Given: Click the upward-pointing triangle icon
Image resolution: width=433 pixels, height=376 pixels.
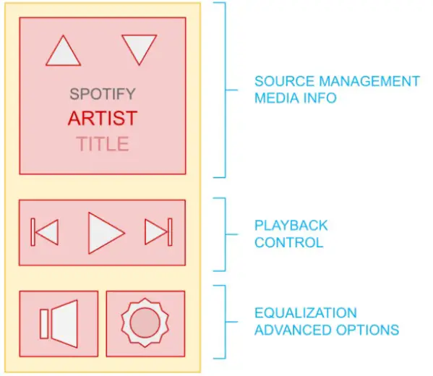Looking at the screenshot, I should coord(64,52).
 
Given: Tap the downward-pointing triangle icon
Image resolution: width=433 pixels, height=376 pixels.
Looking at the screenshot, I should coord(140,48).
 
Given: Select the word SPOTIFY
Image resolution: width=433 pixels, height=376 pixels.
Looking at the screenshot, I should coord(102,94).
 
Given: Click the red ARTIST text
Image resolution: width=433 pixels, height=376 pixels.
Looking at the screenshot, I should coord(102,118).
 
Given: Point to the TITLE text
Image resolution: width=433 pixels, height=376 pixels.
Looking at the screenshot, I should coord(103,143).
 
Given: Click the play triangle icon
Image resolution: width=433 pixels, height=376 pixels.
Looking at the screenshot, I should coord(104,233).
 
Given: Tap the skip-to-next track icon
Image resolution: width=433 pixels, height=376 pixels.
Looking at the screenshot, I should coord(158,232).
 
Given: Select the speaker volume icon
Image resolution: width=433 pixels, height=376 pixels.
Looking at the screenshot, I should coord(60,323).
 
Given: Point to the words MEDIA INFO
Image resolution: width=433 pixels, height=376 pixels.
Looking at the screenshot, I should coord(295,98).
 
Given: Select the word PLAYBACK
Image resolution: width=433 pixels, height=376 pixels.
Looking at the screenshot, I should coord(291,226).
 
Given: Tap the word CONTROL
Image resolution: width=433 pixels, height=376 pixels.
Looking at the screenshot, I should coord(288,243).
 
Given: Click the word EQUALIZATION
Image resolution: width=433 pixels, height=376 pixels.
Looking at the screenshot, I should coord(305,313).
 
